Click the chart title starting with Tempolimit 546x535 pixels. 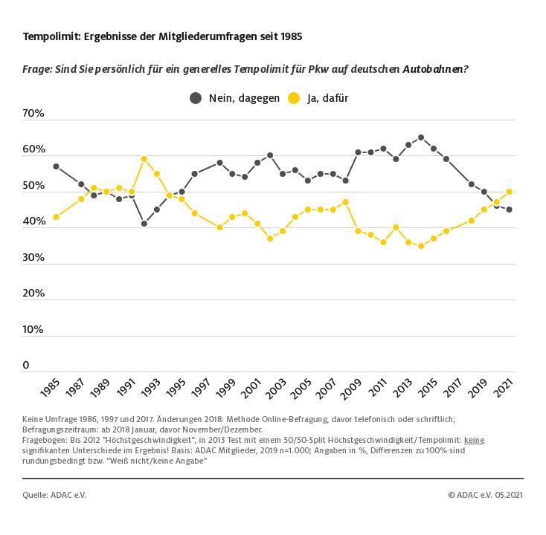coord(162,36)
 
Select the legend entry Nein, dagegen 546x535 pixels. coord(234,98)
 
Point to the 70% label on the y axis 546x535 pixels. coord(33,114)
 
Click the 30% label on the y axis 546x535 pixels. coord(33,258)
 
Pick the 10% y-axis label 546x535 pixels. coord(33,330)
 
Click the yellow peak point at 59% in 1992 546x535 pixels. coord(144,159)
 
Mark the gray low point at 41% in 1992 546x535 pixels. coord(144,224)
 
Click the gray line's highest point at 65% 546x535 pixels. coord(421,137)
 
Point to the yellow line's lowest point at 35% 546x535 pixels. coord(421,245)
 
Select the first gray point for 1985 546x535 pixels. coord(56,166)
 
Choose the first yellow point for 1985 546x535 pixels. coord(56,217)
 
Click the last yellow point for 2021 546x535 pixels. coord(509,192)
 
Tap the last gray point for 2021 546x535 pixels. coord(509,210)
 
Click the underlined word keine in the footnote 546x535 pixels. coord(474,440)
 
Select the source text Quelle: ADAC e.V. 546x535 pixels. coord(54,495)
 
